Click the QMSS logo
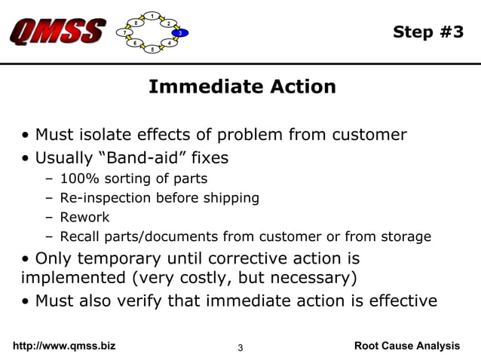point(57,32)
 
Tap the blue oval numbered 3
point(180,33)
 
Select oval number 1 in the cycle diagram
point(153,16)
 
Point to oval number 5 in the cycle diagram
point(152,50)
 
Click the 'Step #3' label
point(428,32)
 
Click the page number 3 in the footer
point(240,347)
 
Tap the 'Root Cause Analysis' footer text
point(406,346)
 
